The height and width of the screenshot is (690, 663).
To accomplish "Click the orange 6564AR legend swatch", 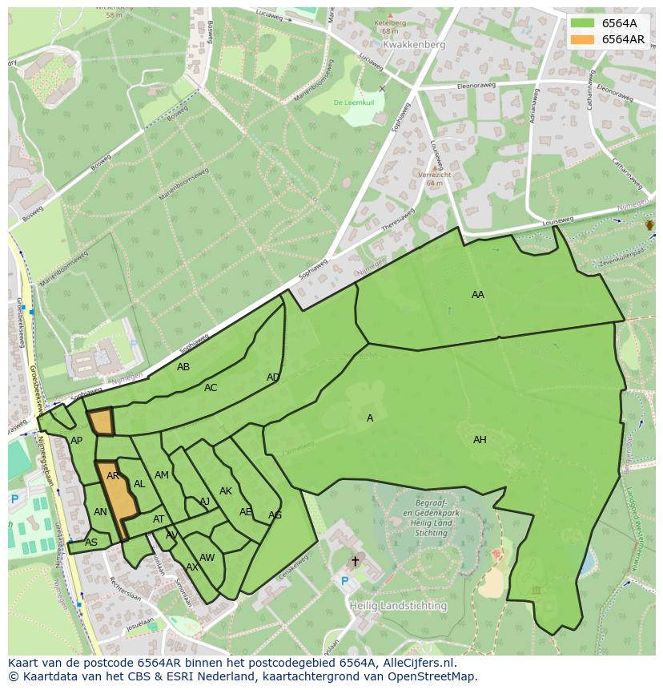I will coord(583,39).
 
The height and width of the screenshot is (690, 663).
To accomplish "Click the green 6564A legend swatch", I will coord(583,23).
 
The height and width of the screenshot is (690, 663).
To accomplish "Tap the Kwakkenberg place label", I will coord(413,46).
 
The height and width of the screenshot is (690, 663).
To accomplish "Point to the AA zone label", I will coord(478,295).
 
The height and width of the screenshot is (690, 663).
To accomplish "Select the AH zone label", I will coord(480,440).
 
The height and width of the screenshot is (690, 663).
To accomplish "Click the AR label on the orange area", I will coord(113,476).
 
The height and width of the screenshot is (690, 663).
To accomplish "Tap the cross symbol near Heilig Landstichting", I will coord(355,561).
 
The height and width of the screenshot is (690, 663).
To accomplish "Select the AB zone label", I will coord(183,367).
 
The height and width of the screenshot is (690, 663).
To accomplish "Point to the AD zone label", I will coord(273,377).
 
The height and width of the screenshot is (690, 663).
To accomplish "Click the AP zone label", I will coord(76,441).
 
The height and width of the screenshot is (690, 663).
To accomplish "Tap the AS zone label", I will coord(91,543).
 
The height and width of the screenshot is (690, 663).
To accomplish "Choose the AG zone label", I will coord(275,515).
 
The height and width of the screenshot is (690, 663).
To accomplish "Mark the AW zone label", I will coord(207,558).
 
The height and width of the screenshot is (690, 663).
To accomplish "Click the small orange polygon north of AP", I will coord(101,421).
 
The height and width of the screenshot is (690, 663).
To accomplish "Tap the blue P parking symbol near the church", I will coord(345,581).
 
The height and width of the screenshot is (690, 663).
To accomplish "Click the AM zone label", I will coord(162,475).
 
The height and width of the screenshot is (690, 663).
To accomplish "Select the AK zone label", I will coord(226,491).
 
